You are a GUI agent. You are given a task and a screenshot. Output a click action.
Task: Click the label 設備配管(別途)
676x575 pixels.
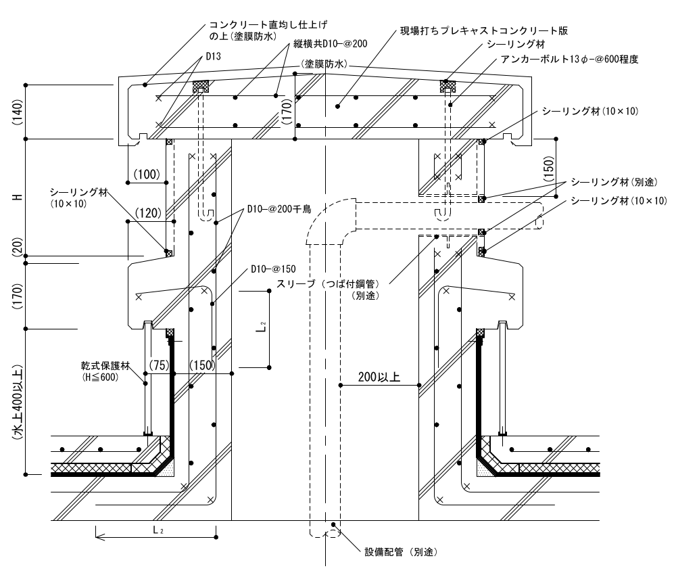[402, 551]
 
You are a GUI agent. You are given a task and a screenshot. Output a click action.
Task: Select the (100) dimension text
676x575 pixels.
[147, 175]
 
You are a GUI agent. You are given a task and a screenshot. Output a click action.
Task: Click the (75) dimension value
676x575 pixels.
[158, 365]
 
